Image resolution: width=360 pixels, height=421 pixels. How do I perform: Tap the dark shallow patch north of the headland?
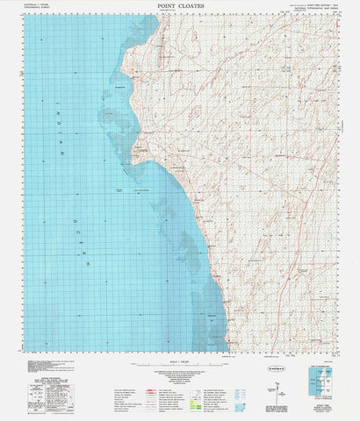[x=132, y=35]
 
